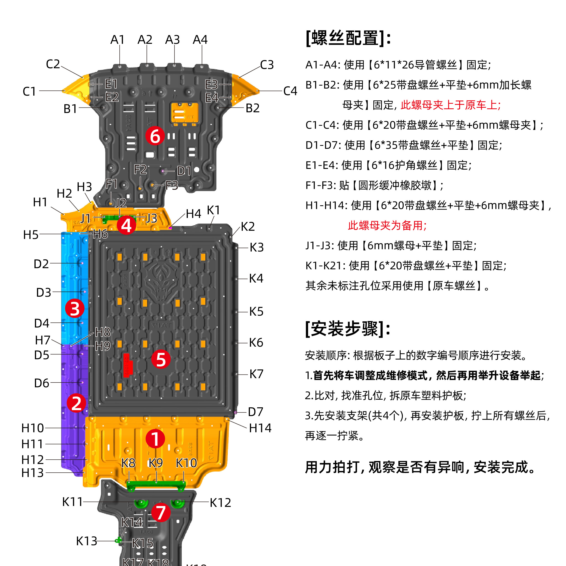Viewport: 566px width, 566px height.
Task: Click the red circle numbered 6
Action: click(x=155, y=136)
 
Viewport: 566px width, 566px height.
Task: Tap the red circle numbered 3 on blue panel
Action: click(x=74, y=309)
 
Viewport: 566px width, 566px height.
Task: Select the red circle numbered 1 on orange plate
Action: click(x=155, y=439)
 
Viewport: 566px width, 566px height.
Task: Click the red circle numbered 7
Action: click(x=161, y=512)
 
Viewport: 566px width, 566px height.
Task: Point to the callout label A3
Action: click(x=172, y=39)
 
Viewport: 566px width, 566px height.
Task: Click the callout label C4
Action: click(x=290, y=91)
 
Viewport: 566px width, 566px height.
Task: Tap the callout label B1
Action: click(x=70, y=109)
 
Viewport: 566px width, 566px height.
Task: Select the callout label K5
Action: click(x=256, y=312)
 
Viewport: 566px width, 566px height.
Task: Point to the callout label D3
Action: click(x=43, y=292)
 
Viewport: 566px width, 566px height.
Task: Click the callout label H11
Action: click(x=32, y=444)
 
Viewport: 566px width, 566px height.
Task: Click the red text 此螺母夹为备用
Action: click(x=387, y=225)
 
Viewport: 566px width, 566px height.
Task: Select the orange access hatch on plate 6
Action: click(x=185, y=113)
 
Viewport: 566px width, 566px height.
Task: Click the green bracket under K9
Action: click(x=156, y=485)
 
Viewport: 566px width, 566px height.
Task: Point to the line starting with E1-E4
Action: click(x=388, y=165)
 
